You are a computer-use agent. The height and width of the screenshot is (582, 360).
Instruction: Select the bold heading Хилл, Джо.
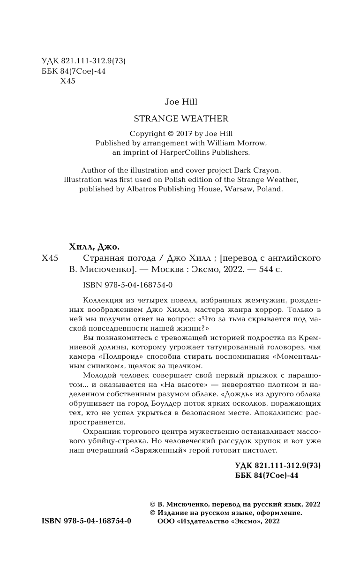click(x=91, y=247)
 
